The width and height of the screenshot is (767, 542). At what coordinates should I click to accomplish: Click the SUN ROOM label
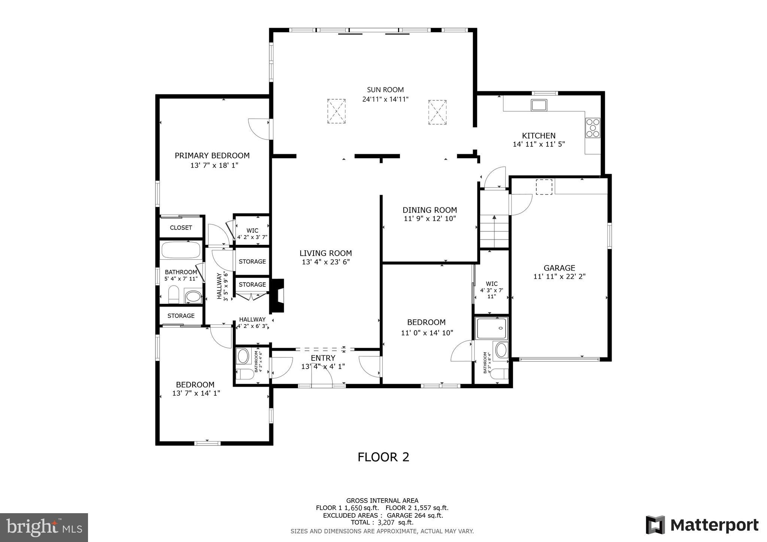pyautogui.click(x=385, y=90)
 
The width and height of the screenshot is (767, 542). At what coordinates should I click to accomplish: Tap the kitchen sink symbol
pyautogui.click(x=539, y=105)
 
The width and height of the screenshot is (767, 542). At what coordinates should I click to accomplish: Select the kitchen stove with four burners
pyautogui.click(x=592, y=128)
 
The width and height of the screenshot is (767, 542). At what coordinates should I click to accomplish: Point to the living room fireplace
pyautogui.click(x=278, y=296)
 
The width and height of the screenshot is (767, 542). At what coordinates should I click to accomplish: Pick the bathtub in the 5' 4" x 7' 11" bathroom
pyautogui.click(x=181, y=250)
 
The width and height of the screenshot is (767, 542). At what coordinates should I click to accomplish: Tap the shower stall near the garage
pyautogui.click(x=491, y=329)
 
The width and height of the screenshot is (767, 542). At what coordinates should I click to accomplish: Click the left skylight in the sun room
pyautogui.click(x=336, y=111)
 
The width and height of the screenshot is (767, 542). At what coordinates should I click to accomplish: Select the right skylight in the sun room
pyautogui.click(x=437, y=112)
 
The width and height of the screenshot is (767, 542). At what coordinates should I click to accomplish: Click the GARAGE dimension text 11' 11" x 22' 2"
pyautogui.click(x=559, y=277)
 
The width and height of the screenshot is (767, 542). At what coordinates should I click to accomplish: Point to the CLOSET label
pyautogui.click(x=181, y=228)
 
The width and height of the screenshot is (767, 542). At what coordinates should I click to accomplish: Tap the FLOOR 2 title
pyautogui.click(x=383, y=457)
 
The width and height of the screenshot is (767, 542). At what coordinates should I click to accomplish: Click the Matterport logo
pyautogui.click(x=702, y=525)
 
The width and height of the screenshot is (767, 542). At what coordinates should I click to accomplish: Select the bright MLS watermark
pyautogui.click(x=44, y=527)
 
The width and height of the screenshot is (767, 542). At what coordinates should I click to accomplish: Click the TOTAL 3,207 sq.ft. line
pyautogui.click(x=382, y=523)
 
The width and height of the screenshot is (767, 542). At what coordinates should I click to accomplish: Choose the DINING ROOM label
pyautogui.click(x=430, y=210)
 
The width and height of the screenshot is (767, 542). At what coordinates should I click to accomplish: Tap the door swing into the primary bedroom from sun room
pyautogui.click(x=260, y=129)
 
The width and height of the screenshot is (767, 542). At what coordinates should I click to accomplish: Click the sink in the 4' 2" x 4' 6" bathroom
pyautogui.click(x=243, y=356)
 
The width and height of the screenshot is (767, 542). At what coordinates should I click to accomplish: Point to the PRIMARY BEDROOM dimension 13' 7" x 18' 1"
pyautogui.click(x=214, y=165)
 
